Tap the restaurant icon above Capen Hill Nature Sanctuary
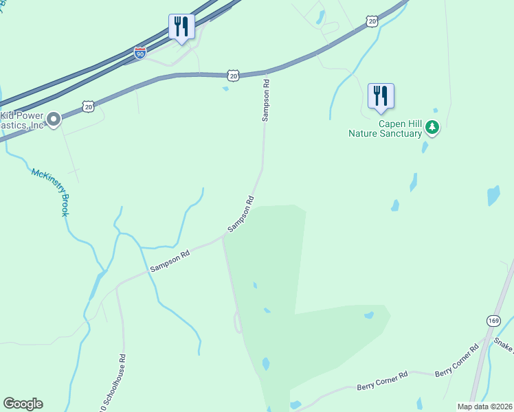pos(381,96)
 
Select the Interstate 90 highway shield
pos(139,53)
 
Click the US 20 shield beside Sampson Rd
pos(234,76)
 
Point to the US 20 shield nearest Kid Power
pos(88,106)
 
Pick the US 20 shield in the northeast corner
pos(372,22)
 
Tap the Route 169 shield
pos(494,320)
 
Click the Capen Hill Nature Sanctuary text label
pos(385,129)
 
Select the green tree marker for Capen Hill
pos(432,128)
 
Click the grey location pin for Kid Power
pos(54,120)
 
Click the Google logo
pos(23,404)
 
